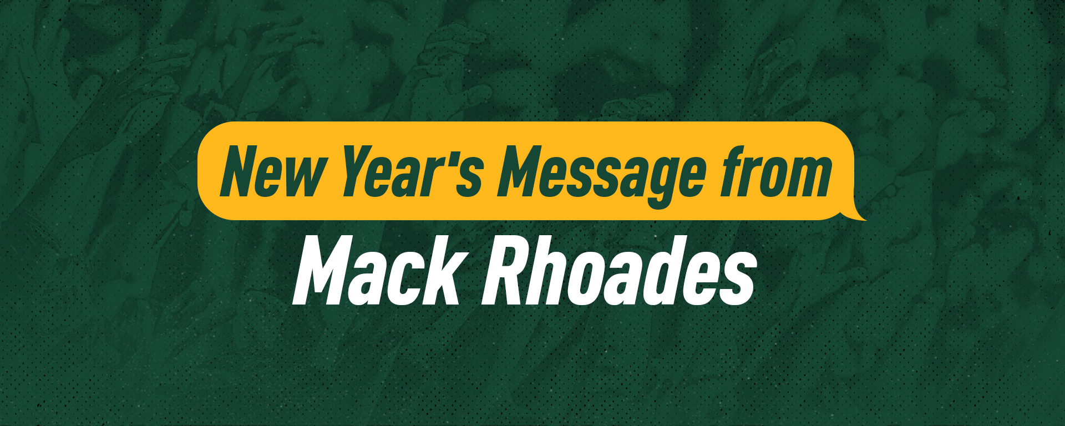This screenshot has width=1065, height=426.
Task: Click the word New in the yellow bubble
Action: click(x=272, y=171)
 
